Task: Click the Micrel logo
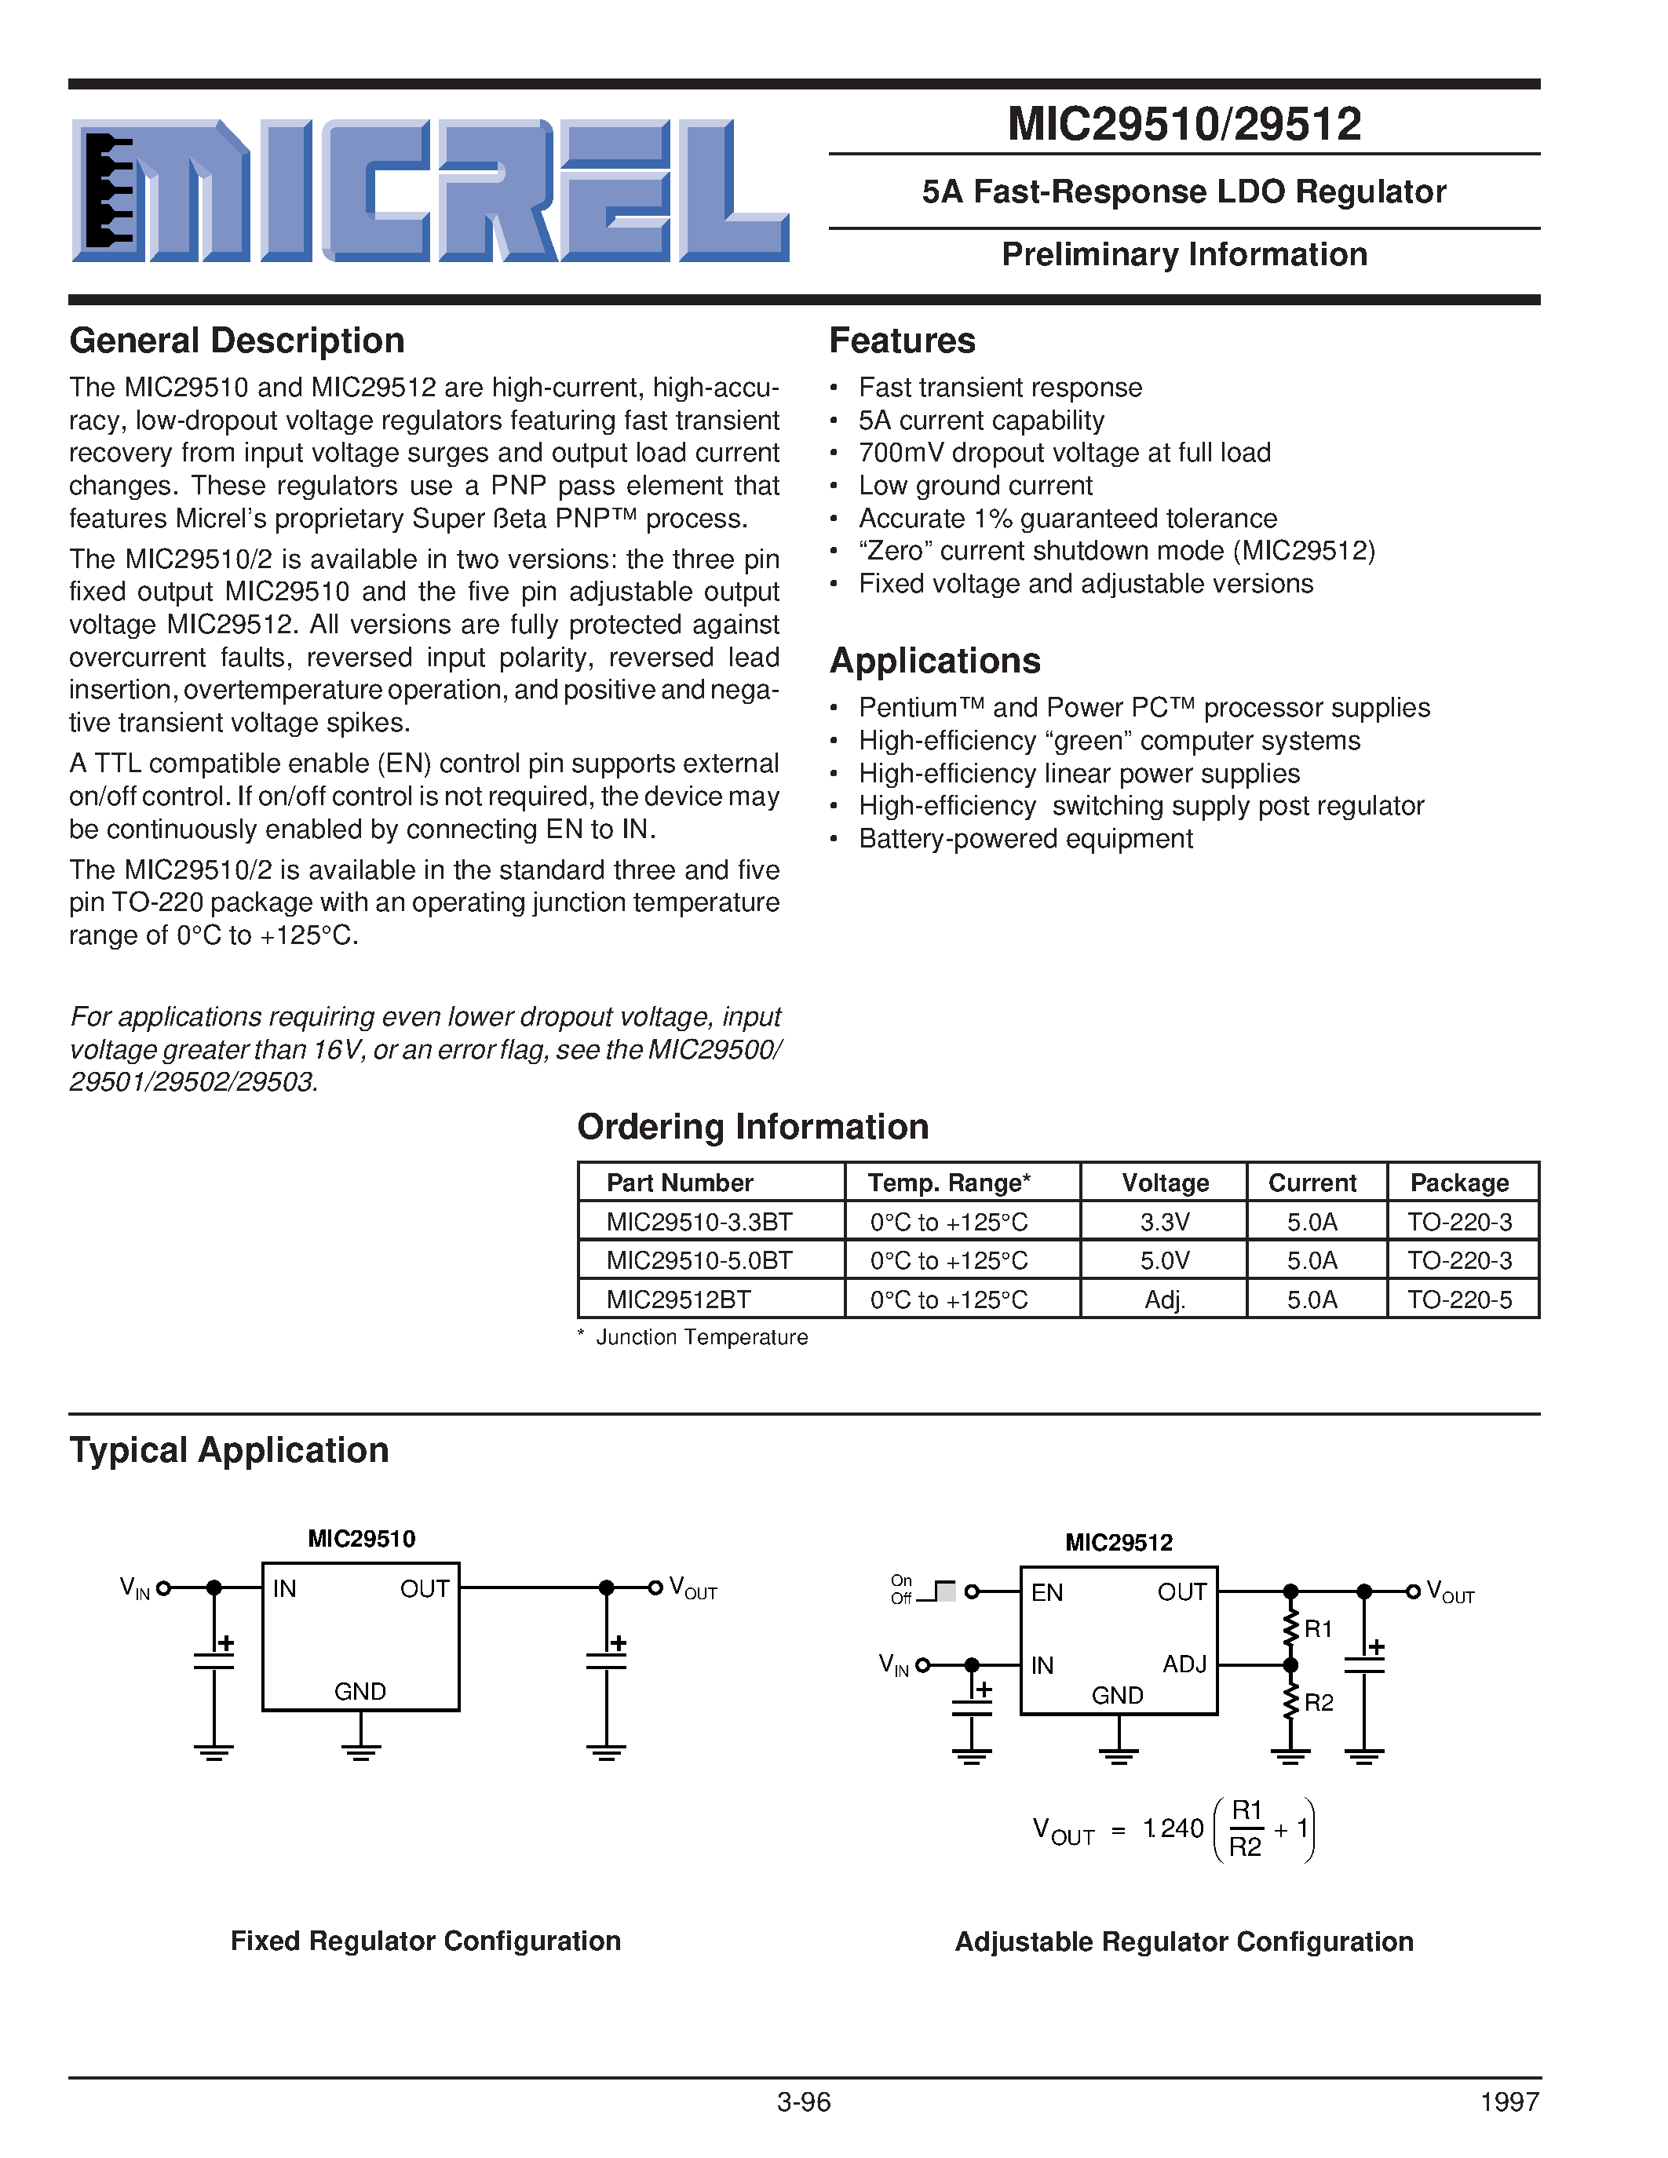coord(430,191)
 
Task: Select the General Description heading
coord(237,341)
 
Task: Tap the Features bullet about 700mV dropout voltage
coord(1064,453)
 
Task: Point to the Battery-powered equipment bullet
coord(1024,839)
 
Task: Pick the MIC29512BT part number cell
coord(678,1300)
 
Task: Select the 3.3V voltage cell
coord(1164,1223)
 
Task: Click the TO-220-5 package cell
coord(1459,1300)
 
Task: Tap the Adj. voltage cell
coord(1164,1300)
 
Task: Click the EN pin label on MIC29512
coord(1046,1593)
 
